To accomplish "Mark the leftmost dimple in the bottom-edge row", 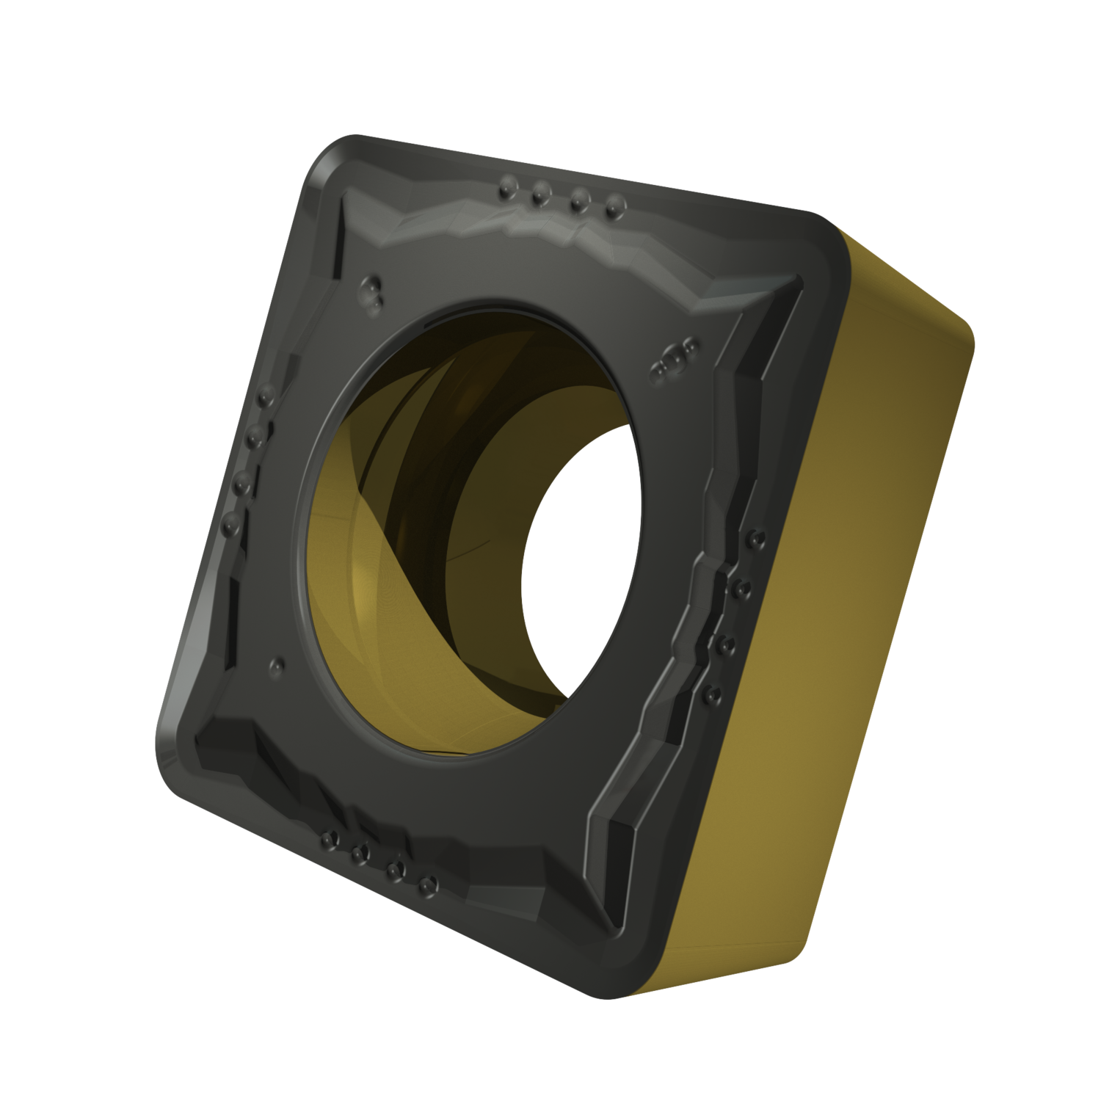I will tap(328, 836).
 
